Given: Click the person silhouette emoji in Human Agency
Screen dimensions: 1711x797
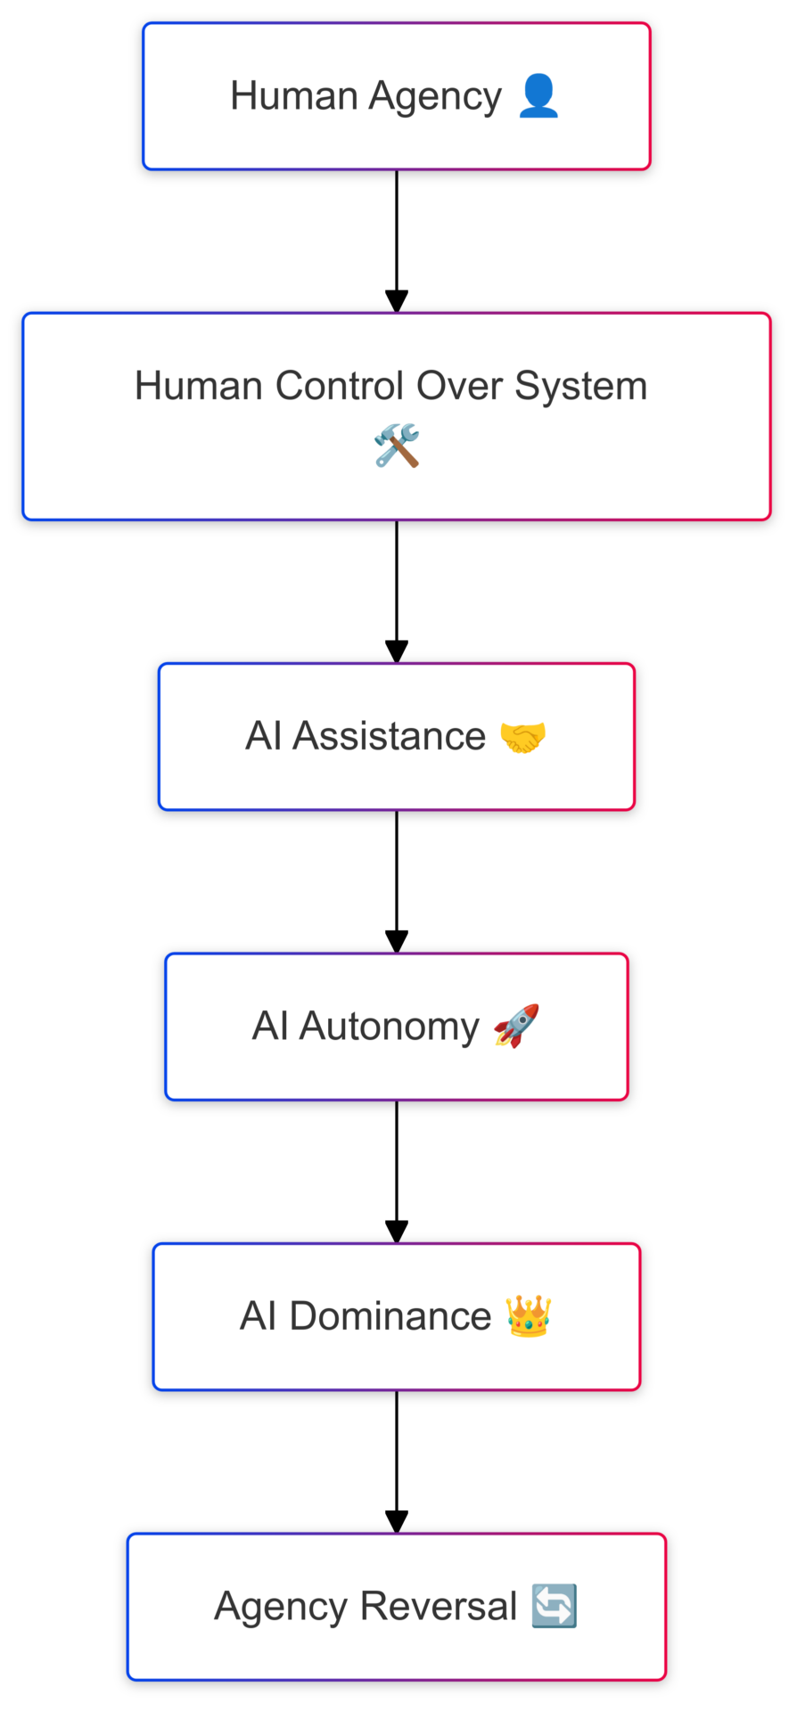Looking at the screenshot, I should click(x=538, y=95).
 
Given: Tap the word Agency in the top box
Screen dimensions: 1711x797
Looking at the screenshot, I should click(x=435, y=96).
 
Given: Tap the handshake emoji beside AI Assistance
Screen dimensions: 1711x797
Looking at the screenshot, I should click(x=522, y=737).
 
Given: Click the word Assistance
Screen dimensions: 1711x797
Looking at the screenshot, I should click(x=389, y=737).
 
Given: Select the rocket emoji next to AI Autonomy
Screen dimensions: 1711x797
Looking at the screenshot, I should click(x=516, y=1026).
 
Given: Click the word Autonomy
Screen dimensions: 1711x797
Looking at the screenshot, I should click(x=389, y=1027).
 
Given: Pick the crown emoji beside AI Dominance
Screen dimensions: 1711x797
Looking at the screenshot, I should click(x=528, y=1316).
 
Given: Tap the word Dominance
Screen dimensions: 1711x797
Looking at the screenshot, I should click(x=390, y=1316).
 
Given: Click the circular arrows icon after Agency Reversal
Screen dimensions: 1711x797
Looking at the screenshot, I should click(x=554, y=1606).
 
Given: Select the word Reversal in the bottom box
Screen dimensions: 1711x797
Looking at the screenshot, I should click(x=439, y=1607).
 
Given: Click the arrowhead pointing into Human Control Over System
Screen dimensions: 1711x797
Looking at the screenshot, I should click(x=397, y=301).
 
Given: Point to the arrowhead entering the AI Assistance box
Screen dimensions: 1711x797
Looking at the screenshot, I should click(x=397, y=651).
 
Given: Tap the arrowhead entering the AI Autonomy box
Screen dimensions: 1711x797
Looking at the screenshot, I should click(x=397, y=942).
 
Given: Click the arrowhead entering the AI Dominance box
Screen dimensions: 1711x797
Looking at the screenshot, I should click(x=397, y=1232).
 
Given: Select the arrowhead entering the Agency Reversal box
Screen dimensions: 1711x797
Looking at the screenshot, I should click(x=397, y=1522).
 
